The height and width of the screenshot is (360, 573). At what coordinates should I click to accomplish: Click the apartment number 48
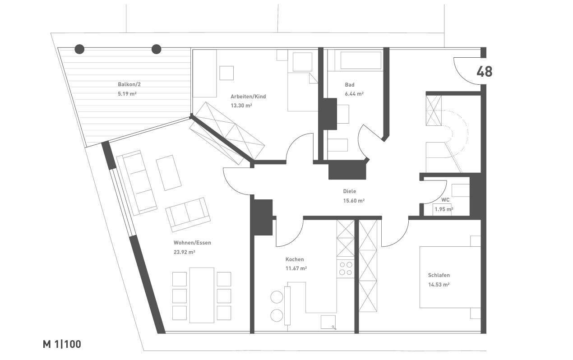click(x=484, y=72)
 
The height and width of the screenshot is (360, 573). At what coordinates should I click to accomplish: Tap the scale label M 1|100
click(x=62, y=344)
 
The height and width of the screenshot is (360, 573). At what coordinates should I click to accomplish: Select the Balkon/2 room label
click(x=129, y=84)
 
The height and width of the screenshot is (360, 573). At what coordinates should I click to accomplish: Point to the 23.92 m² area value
click(x=184, y=252)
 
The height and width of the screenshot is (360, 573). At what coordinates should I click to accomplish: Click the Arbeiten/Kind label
click(x=248, y=97)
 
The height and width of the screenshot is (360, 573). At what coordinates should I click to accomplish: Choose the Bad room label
click(x=350, y=85)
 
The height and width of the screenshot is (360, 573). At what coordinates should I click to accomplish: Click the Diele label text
click(x=349, y=191)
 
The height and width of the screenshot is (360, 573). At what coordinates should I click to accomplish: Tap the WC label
click(x=445, y=200)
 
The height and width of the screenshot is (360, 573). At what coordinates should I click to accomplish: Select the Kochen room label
click(x=295, y=259)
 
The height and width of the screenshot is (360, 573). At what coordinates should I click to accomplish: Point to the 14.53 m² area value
click(x=439, y=285)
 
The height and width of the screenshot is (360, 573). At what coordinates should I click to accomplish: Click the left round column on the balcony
click(x=79, y=49)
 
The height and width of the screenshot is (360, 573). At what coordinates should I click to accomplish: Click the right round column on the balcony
click(x=156, y=49)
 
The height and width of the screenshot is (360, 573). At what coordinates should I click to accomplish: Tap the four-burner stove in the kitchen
click(x=346, y=269)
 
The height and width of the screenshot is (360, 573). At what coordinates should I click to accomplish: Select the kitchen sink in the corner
click(x=328, y=322)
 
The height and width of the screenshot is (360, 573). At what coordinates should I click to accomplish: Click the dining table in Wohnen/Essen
click(x=202, y=295)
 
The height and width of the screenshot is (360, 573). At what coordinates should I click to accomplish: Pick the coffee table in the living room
click(x=169, y=173)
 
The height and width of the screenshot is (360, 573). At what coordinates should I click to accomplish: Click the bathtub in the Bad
click(x=360, y=60)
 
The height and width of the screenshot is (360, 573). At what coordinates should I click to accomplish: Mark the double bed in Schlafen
click(x=450, y=277)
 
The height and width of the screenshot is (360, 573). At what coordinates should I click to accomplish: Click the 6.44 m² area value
click(x=354, y=94)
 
